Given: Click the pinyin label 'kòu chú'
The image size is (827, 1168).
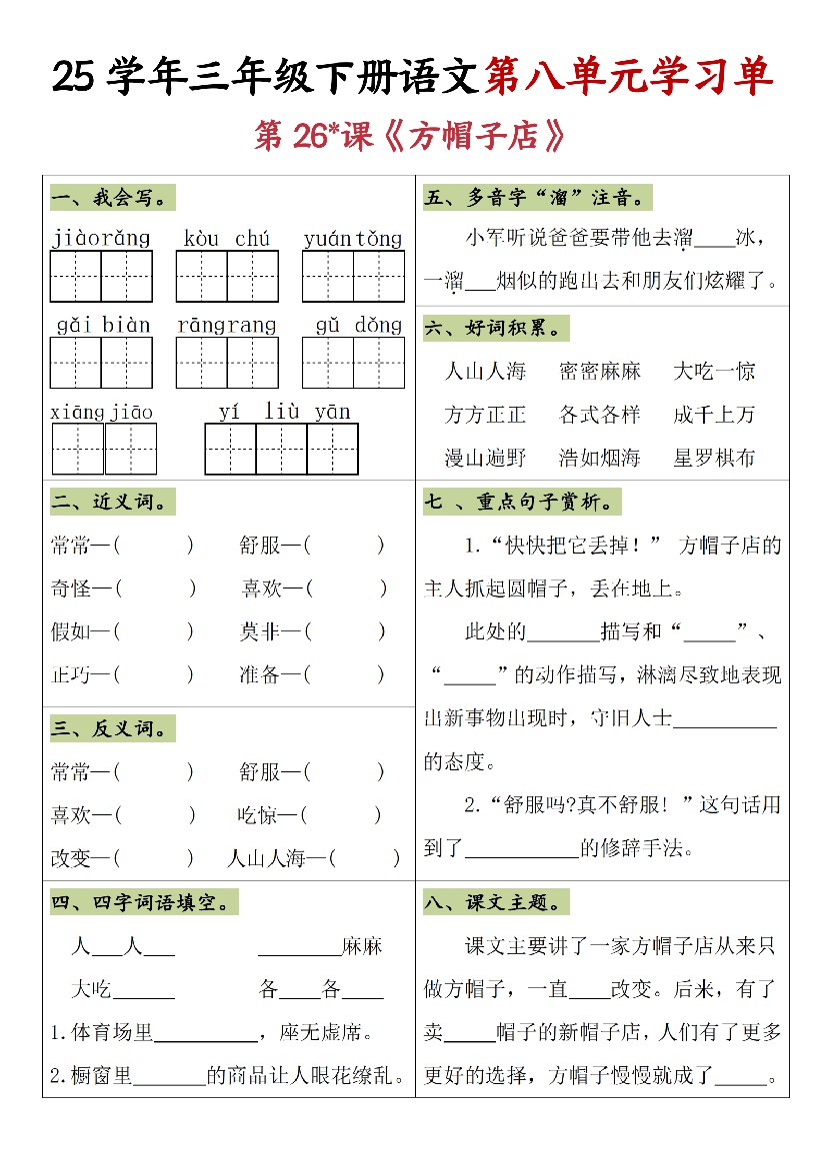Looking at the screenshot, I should point(227,239).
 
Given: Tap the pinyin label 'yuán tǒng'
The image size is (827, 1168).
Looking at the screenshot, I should point(353,239).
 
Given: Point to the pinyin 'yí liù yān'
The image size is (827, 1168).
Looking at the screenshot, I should point(285,412).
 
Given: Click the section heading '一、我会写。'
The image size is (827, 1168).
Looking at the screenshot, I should point(110,198).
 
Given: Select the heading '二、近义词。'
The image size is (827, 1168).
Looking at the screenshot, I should point(110,502).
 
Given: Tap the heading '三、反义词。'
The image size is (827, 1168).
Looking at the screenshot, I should point(110,727).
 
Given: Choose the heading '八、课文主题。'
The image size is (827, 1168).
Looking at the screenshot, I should point(497,902).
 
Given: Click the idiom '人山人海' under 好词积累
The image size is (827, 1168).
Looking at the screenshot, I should point(485,372).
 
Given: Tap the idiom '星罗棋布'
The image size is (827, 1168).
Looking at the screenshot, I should point(714,458).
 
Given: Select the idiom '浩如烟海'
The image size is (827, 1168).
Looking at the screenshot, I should point(599,458).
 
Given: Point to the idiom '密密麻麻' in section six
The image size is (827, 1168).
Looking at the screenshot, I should point(599,372).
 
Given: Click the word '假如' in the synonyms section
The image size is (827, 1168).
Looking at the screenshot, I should point(71,631).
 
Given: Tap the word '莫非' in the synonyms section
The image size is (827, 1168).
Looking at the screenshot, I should point(260,631).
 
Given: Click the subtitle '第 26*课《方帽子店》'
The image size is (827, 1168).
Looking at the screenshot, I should point(411,137).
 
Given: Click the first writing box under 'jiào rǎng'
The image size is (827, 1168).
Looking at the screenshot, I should point(76,277).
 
